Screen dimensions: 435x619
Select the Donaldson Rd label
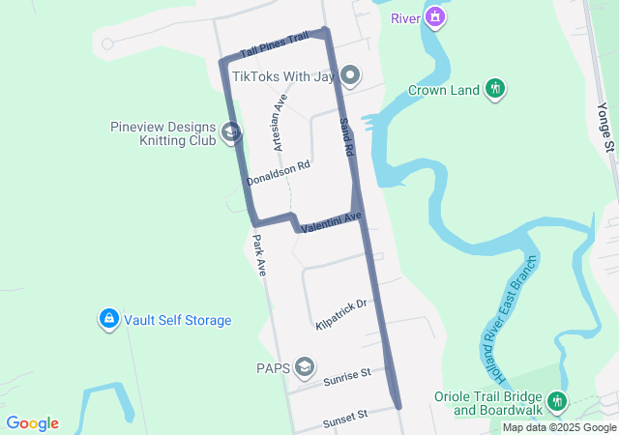(278, 174)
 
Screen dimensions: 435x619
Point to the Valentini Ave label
(330, 222)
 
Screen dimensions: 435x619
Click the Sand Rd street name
(347, 138)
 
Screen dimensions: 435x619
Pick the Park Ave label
(259, 256)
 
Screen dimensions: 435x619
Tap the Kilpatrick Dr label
(341, 315)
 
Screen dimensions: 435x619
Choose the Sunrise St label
(347, 375)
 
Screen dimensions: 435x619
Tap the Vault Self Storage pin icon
(109, 318)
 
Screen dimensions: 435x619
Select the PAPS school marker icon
(305, 366)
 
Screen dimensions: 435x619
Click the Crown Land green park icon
(495, 90)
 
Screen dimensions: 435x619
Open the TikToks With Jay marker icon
(351, 75)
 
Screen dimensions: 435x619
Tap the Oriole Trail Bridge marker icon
(556, 400)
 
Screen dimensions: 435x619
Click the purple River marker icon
(436, 17)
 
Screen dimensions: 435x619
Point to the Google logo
(32, 423)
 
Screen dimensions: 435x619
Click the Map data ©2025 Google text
(559, 427)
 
